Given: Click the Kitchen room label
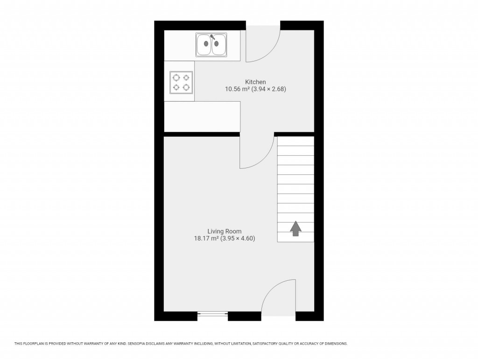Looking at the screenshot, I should pyautogui.click(x=255, y=82).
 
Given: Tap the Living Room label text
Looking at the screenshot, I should pyautogui.click(x=224, y=231).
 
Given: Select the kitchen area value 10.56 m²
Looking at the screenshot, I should pyautogui.click(x=238, y=89).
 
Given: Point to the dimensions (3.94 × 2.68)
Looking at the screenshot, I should pyautogui.click(x=269, y=89).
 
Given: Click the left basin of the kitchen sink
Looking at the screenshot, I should pyautogui.click(x=204, y=45).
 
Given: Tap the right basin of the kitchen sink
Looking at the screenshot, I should pyautogui.click(x=219, y=45).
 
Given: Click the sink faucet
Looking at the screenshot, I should pyautogui.click(x=212, y=37).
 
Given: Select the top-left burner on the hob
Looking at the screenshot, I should pyautogui.click(x=176, y=77).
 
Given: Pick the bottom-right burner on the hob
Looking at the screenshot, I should pyautogui.click(x=186, y=87).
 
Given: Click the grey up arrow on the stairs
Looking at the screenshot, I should pyautogui.click(x=295, y=228).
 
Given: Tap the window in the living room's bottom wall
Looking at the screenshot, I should pyautogui.click(x=213, y=314).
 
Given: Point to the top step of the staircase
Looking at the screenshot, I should pyautogui.click(x=295, y=141).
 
